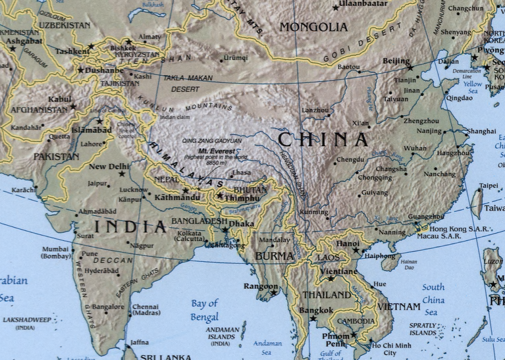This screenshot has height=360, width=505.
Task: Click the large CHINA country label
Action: point(323,140)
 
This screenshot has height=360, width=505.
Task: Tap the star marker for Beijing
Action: point(410,67)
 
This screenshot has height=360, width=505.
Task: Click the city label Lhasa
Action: point(242,173)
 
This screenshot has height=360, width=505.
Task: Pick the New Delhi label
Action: point(109,167)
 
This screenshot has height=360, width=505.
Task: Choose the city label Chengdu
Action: point(350,160)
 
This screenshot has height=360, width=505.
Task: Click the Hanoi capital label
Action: point(348,244)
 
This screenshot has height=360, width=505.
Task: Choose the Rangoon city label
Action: point(260,286)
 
